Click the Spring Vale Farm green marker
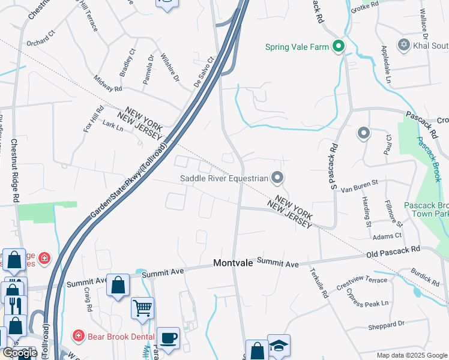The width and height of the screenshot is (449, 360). (338, 46)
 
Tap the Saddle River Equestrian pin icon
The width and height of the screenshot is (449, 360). (277, 178)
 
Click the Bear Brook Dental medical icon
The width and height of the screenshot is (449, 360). (78, 335)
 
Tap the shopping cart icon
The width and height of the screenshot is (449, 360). (142, 308)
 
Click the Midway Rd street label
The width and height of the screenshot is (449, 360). (108, 84)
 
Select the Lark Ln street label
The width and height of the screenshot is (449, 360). (113, 127)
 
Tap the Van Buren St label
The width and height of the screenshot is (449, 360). (359, 186)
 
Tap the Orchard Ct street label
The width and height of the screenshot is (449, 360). (40, 43)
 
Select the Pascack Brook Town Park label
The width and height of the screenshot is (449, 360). (426, 209)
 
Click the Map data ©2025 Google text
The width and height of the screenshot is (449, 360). (411, 355)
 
